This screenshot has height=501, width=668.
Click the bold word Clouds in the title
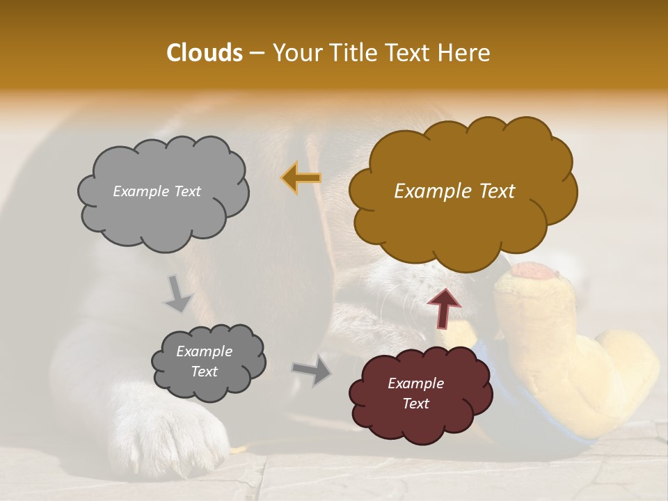point(204,53)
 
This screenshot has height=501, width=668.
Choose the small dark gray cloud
point(208,362)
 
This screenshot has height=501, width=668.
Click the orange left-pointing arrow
point(301,177)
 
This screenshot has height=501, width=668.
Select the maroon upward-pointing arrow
point(443,307)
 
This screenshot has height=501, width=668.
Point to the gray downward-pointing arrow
point(177,293)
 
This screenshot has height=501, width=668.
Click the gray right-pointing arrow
point(311,369)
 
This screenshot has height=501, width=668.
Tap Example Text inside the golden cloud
point(454,191)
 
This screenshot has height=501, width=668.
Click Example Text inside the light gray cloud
point(157,191)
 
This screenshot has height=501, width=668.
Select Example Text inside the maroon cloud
point(415,393)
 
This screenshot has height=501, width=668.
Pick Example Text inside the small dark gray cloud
point(204,361)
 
